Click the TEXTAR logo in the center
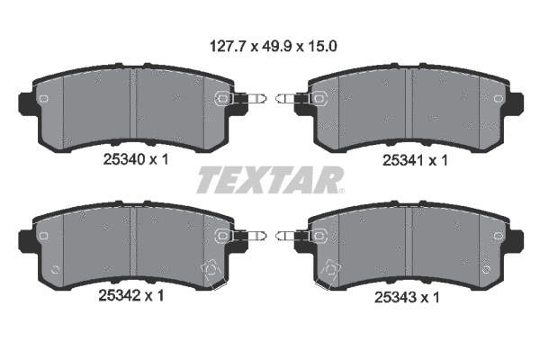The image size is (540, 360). click(269, 180)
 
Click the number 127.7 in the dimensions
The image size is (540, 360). click(221, 42)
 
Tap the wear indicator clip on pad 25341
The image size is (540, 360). click(299, 100)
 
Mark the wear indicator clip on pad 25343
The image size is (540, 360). click(299, 236)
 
